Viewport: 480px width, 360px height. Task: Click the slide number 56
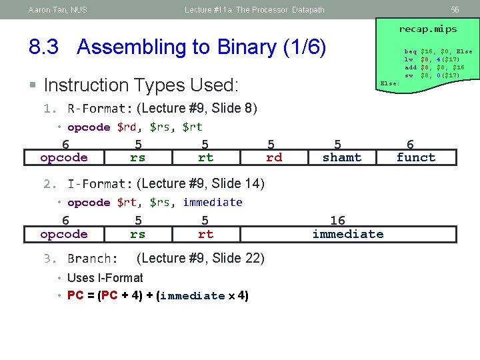coord(455,10)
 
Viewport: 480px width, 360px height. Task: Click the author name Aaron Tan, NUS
coord(58,10)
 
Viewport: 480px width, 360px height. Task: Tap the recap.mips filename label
coord(427,29)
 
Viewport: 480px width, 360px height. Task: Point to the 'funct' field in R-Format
coord(415,157)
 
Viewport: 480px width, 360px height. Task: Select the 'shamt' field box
coord(341,157)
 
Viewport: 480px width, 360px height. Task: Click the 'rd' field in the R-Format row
coord(273,157)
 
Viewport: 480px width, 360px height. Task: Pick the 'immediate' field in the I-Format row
coord(347,234)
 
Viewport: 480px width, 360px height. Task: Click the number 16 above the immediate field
coord(337,220)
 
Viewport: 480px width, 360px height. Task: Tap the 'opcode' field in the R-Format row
coord(64,157)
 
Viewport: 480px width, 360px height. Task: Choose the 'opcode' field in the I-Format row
coord(64,234)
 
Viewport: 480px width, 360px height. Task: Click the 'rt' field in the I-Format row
coord(205,234)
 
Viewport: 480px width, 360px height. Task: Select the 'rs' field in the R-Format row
coord(137,157)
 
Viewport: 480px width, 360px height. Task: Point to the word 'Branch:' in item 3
coord(93,259)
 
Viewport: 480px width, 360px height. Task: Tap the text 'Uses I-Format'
coord(105,278)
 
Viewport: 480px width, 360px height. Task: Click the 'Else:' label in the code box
coord(389,83)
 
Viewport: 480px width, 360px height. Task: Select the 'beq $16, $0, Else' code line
coord(438,51)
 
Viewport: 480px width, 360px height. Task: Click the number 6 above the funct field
coord(410,144)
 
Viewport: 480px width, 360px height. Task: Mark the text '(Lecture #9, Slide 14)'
coord(200,183)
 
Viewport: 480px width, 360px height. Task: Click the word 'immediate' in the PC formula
coord(193,295)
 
